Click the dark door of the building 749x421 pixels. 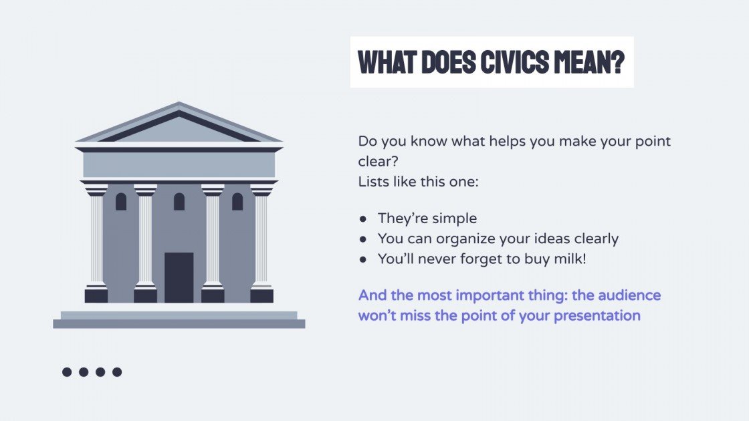[179, 277]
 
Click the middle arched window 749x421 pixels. [179, 201]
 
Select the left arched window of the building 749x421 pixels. [121, 201]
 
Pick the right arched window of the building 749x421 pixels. [237, 201]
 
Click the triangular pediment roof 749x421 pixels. [179, 126]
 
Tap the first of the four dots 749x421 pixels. [67, 372]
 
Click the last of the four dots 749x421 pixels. [117, 372]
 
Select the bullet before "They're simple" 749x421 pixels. [363, 219]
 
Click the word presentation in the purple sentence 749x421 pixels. [599, 315]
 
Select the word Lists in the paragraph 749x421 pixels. [372, 180]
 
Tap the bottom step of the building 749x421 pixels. [179, 323]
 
